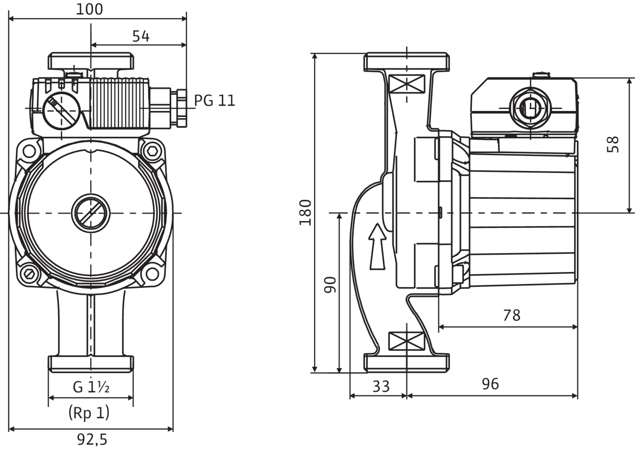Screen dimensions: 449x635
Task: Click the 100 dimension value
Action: (90, 9)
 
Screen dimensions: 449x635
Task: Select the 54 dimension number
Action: (141, 36)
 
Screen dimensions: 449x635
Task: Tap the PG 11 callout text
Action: (214, 101)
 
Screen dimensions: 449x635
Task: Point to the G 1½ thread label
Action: (91, 387)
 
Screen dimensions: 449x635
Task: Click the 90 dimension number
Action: (330, 284)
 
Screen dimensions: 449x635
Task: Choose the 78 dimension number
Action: (511, 315)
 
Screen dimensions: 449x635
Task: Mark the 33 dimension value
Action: (381, 386)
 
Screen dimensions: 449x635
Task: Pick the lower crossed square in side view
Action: (406, 341)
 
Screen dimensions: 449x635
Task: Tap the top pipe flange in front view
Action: (91, 62)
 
